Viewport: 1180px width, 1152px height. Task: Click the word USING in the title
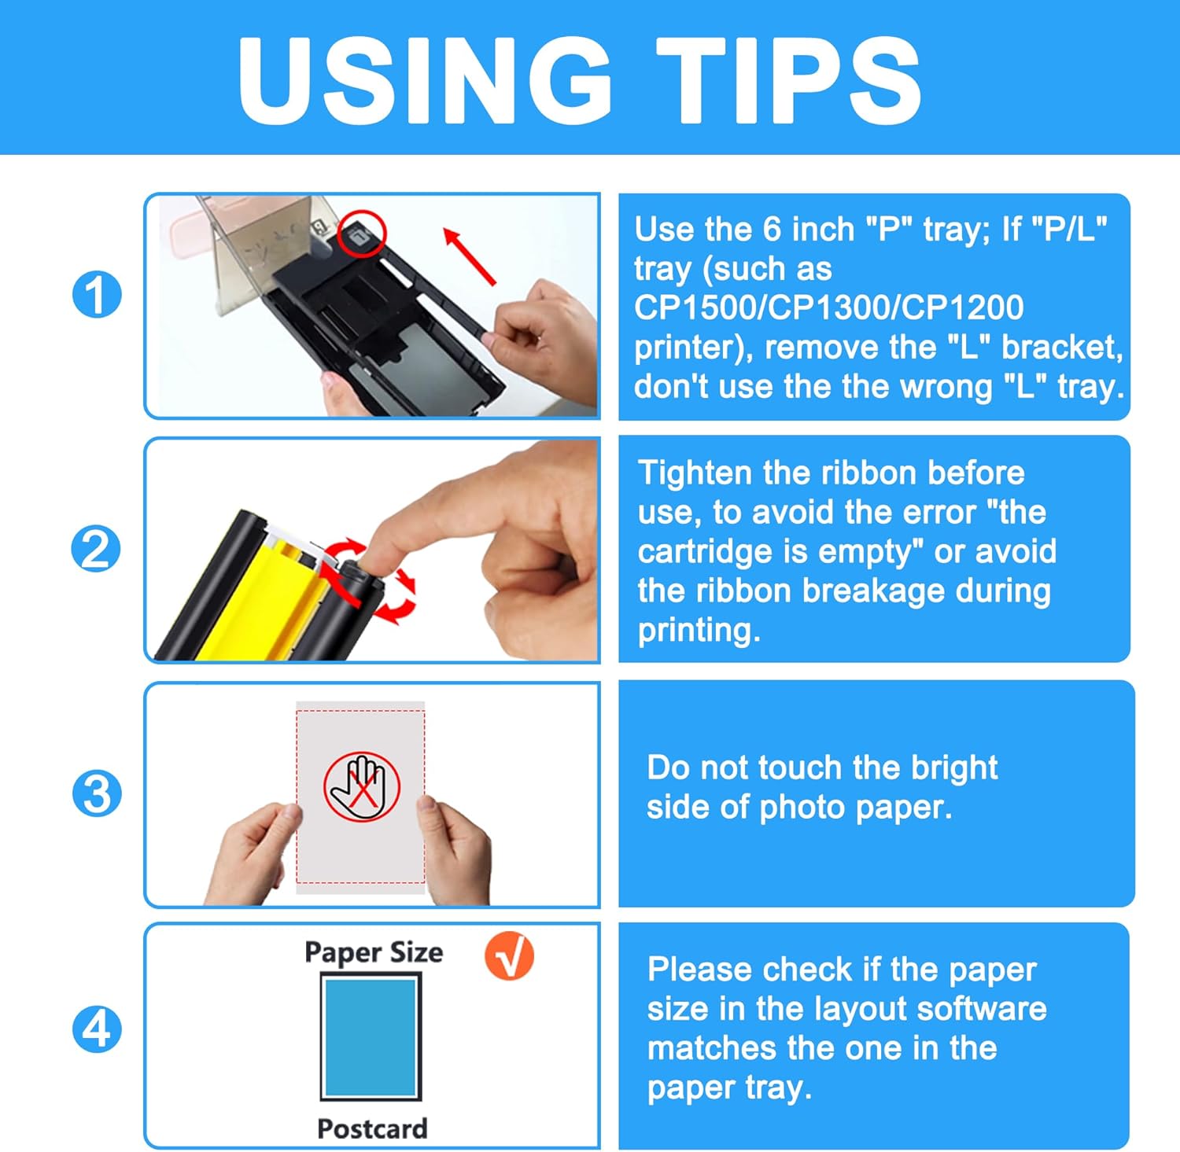coord(425,81)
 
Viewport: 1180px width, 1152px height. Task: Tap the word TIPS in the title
coord(788,81)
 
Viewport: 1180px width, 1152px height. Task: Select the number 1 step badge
coord(97,296)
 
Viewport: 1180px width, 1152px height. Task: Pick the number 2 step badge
coord(97,549)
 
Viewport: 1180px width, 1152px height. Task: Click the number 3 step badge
coord(97,793)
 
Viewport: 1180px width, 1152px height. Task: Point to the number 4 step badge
coord(97,1029)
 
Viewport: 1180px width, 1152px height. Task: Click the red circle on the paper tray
coord(363,233)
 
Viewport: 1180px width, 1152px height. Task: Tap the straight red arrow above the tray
coord(469,256)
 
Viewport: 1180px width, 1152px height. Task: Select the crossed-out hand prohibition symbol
coord(362,786)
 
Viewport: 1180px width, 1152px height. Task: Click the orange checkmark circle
coord(509,955)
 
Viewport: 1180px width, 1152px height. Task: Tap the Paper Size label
coord(374,952)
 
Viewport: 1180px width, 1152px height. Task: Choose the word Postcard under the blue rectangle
coord(372,1128)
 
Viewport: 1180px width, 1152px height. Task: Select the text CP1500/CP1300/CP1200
coord(829,307)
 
